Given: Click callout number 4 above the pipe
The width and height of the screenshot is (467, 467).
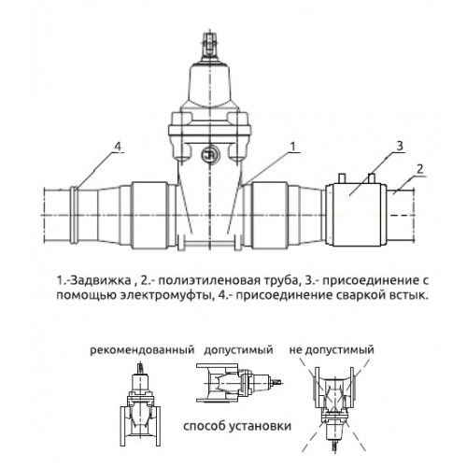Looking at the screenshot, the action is click(118, 147).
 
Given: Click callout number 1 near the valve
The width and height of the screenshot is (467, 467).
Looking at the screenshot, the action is click(292, 147).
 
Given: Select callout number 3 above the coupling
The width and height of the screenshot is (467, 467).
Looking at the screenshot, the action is click(400, 146).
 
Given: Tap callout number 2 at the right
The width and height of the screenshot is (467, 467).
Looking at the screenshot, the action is click(420, 169).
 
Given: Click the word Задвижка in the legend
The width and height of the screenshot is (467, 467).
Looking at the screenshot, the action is click(100, 280).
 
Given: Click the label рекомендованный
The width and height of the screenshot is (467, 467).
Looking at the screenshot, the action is click(142, 350).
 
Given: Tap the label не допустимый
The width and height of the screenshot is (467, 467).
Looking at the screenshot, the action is click(332, 350).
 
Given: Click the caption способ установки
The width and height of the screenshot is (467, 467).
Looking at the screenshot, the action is click(237, 426).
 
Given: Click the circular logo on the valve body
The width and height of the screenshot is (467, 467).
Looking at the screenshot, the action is click(210, 154).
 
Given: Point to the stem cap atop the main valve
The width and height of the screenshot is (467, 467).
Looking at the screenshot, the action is click(210, 47).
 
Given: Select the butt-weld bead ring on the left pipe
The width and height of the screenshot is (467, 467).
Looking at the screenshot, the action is click(74, 215).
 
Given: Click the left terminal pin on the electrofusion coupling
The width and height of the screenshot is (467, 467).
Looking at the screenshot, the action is click(342, 178).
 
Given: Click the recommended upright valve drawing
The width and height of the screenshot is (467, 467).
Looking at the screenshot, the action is click(140, 404).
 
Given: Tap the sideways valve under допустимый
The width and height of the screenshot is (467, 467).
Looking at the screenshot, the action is click(240, 383).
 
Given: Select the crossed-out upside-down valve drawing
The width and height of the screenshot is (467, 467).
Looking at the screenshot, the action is click(334, 407).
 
